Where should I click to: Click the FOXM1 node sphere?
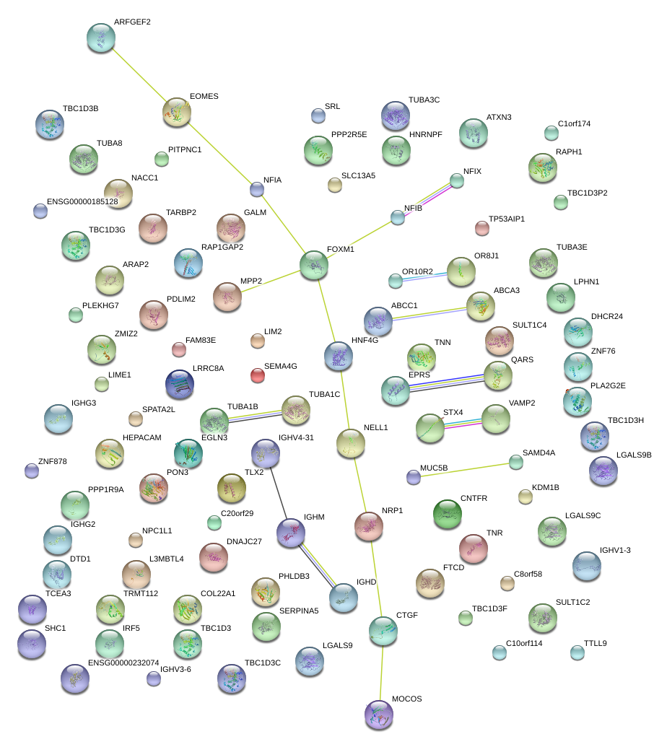point(314,265)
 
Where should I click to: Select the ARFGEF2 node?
point(100,38)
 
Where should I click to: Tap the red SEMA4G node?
point(258,375)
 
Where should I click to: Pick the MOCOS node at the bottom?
point(379,714)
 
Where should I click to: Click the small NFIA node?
point(256,189)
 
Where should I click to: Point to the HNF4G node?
point(339,356)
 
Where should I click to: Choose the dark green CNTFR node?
point(447,513)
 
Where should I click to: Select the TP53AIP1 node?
point(481,229)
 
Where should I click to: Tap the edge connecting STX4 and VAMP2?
point(463,424)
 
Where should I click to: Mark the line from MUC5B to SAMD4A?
point(464,469)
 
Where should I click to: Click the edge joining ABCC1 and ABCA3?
point(430,313)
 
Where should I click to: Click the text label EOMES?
point(204,96)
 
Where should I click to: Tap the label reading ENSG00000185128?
point(82,201)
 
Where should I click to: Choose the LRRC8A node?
point(180,384)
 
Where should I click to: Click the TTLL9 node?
point(577,652)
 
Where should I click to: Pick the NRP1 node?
point(368,526)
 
